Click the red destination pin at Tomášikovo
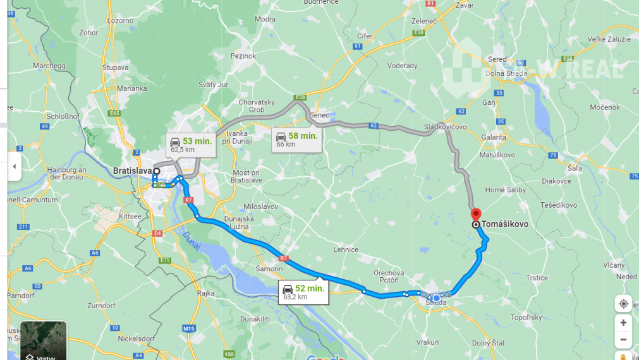476,214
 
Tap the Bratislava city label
132,171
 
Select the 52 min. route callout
304,292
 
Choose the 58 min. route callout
296,140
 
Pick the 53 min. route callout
191,145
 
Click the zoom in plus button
623,323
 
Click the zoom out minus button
623,340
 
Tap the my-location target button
623,304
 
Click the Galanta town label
494,137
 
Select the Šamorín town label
269,268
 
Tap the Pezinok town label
243,56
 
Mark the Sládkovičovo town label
445,127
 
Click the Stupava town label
116,66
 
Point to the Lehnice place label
346,249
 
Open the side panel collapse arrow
15,167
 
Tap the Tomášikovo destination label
505,224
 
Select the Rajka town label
206,292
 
